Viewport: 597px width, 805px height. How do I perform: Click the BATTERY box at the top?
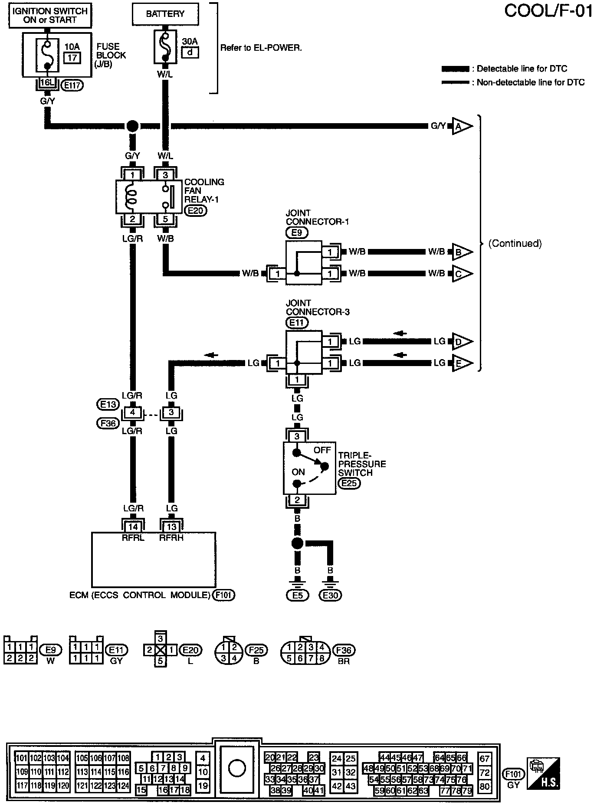click(x=165, y=14)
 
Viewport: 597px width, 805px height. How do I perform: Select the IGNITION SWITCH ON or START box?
click(x=50, y=15)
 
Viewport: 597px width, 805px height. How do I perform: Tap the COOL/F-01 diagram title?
click(x=548, y=11)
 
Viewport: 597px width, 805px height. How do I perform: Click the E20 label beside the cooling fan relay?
click(x=196, y=210)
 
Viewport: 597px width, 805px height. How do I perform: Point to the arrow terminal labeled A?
click(x=461, y=126)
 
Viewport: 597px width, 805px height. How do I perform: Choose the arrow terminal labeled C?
click(x=461, y=274)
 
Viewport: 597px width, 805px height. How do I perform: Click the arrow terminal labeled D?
click(x=461, y=341)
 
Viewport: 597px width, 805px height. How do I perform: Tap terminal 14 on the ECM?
click(x=133, y=527)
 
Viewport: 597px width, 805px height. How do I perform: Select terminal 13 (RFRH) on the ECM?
click(x=172, y=527)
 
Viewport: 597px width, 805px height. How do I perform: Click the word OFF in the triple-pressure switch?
click(x=322, y=450)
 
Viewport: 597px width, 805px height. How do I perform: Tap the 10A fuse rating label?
click(x=72, y=46)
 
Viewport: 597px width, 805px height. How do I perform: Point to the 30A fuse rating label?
click(x=190, y=42)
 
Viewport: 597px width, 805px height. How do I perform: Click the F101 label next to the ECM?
click(x=224, y=595)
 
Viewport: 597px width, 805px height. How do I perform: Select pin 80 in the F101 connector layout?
click(x=485, y=785)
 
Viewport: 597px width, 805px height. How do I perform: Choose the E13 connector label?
click(x=107, y=404)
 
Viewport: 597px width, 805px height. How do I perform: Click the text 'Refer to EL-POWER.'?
click(x=261, y=48)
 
